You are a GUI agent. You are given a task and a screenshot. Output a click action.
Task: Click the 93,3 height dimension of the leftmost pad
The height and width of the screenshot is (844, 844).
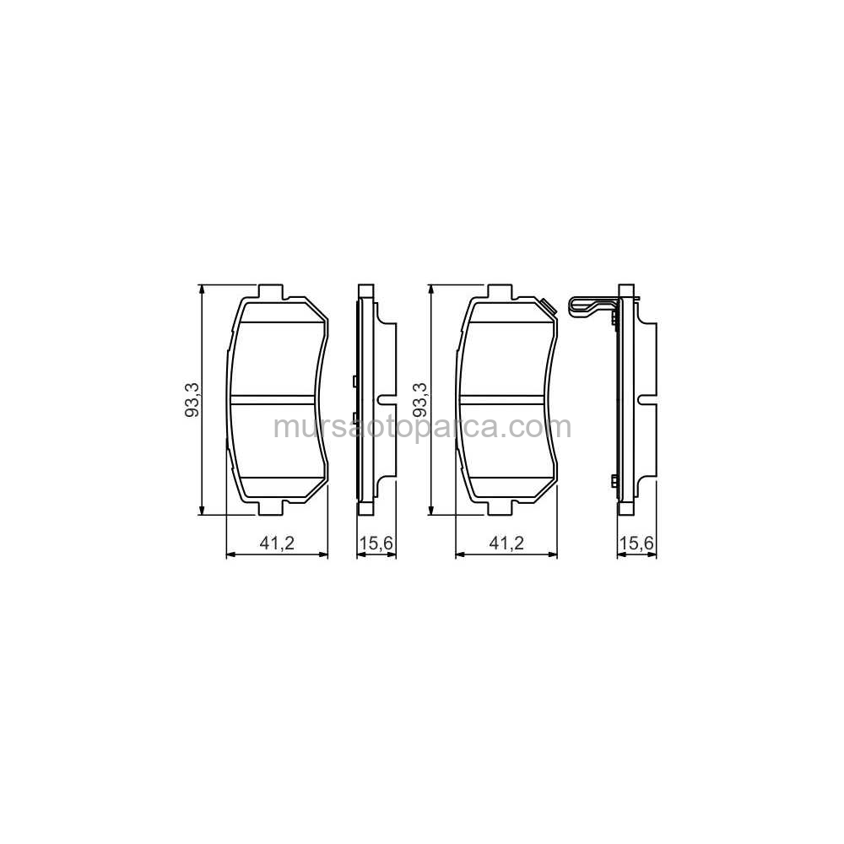192,399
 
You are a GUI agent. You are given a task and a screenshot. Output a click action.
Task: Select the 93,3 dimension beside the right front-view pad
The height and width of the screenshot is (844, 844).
420,399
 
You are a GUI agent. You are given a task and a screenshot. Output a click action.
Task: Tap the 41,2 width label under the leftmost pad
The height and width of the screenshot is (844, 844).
277,543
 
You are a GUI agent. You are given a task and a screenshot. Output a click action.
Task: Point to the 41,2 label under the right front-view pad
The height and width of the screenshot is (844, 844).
506,543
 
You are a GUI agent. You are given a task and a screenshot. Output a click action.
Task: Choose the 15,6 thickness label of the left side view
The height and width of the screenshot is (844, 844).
376,543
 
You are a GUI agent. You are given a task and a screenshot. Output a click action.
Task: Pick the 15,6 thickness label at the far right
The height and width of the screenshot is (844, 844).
636,543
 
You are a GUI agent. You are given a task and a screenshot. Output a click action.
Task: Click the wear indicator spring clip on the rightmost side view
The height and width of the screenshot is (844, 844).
592,307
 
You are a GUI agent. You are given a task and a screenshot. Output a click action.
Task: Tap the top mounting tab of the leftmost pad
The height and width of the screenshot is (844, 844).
270,291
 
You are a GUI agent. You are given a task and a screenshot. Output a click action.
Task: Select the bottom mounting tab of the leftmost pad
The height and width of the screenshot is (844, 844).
270,507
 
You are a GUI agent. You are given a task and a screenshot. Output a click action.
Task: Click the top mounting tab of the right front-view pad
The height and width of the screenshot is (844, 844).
500,291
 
